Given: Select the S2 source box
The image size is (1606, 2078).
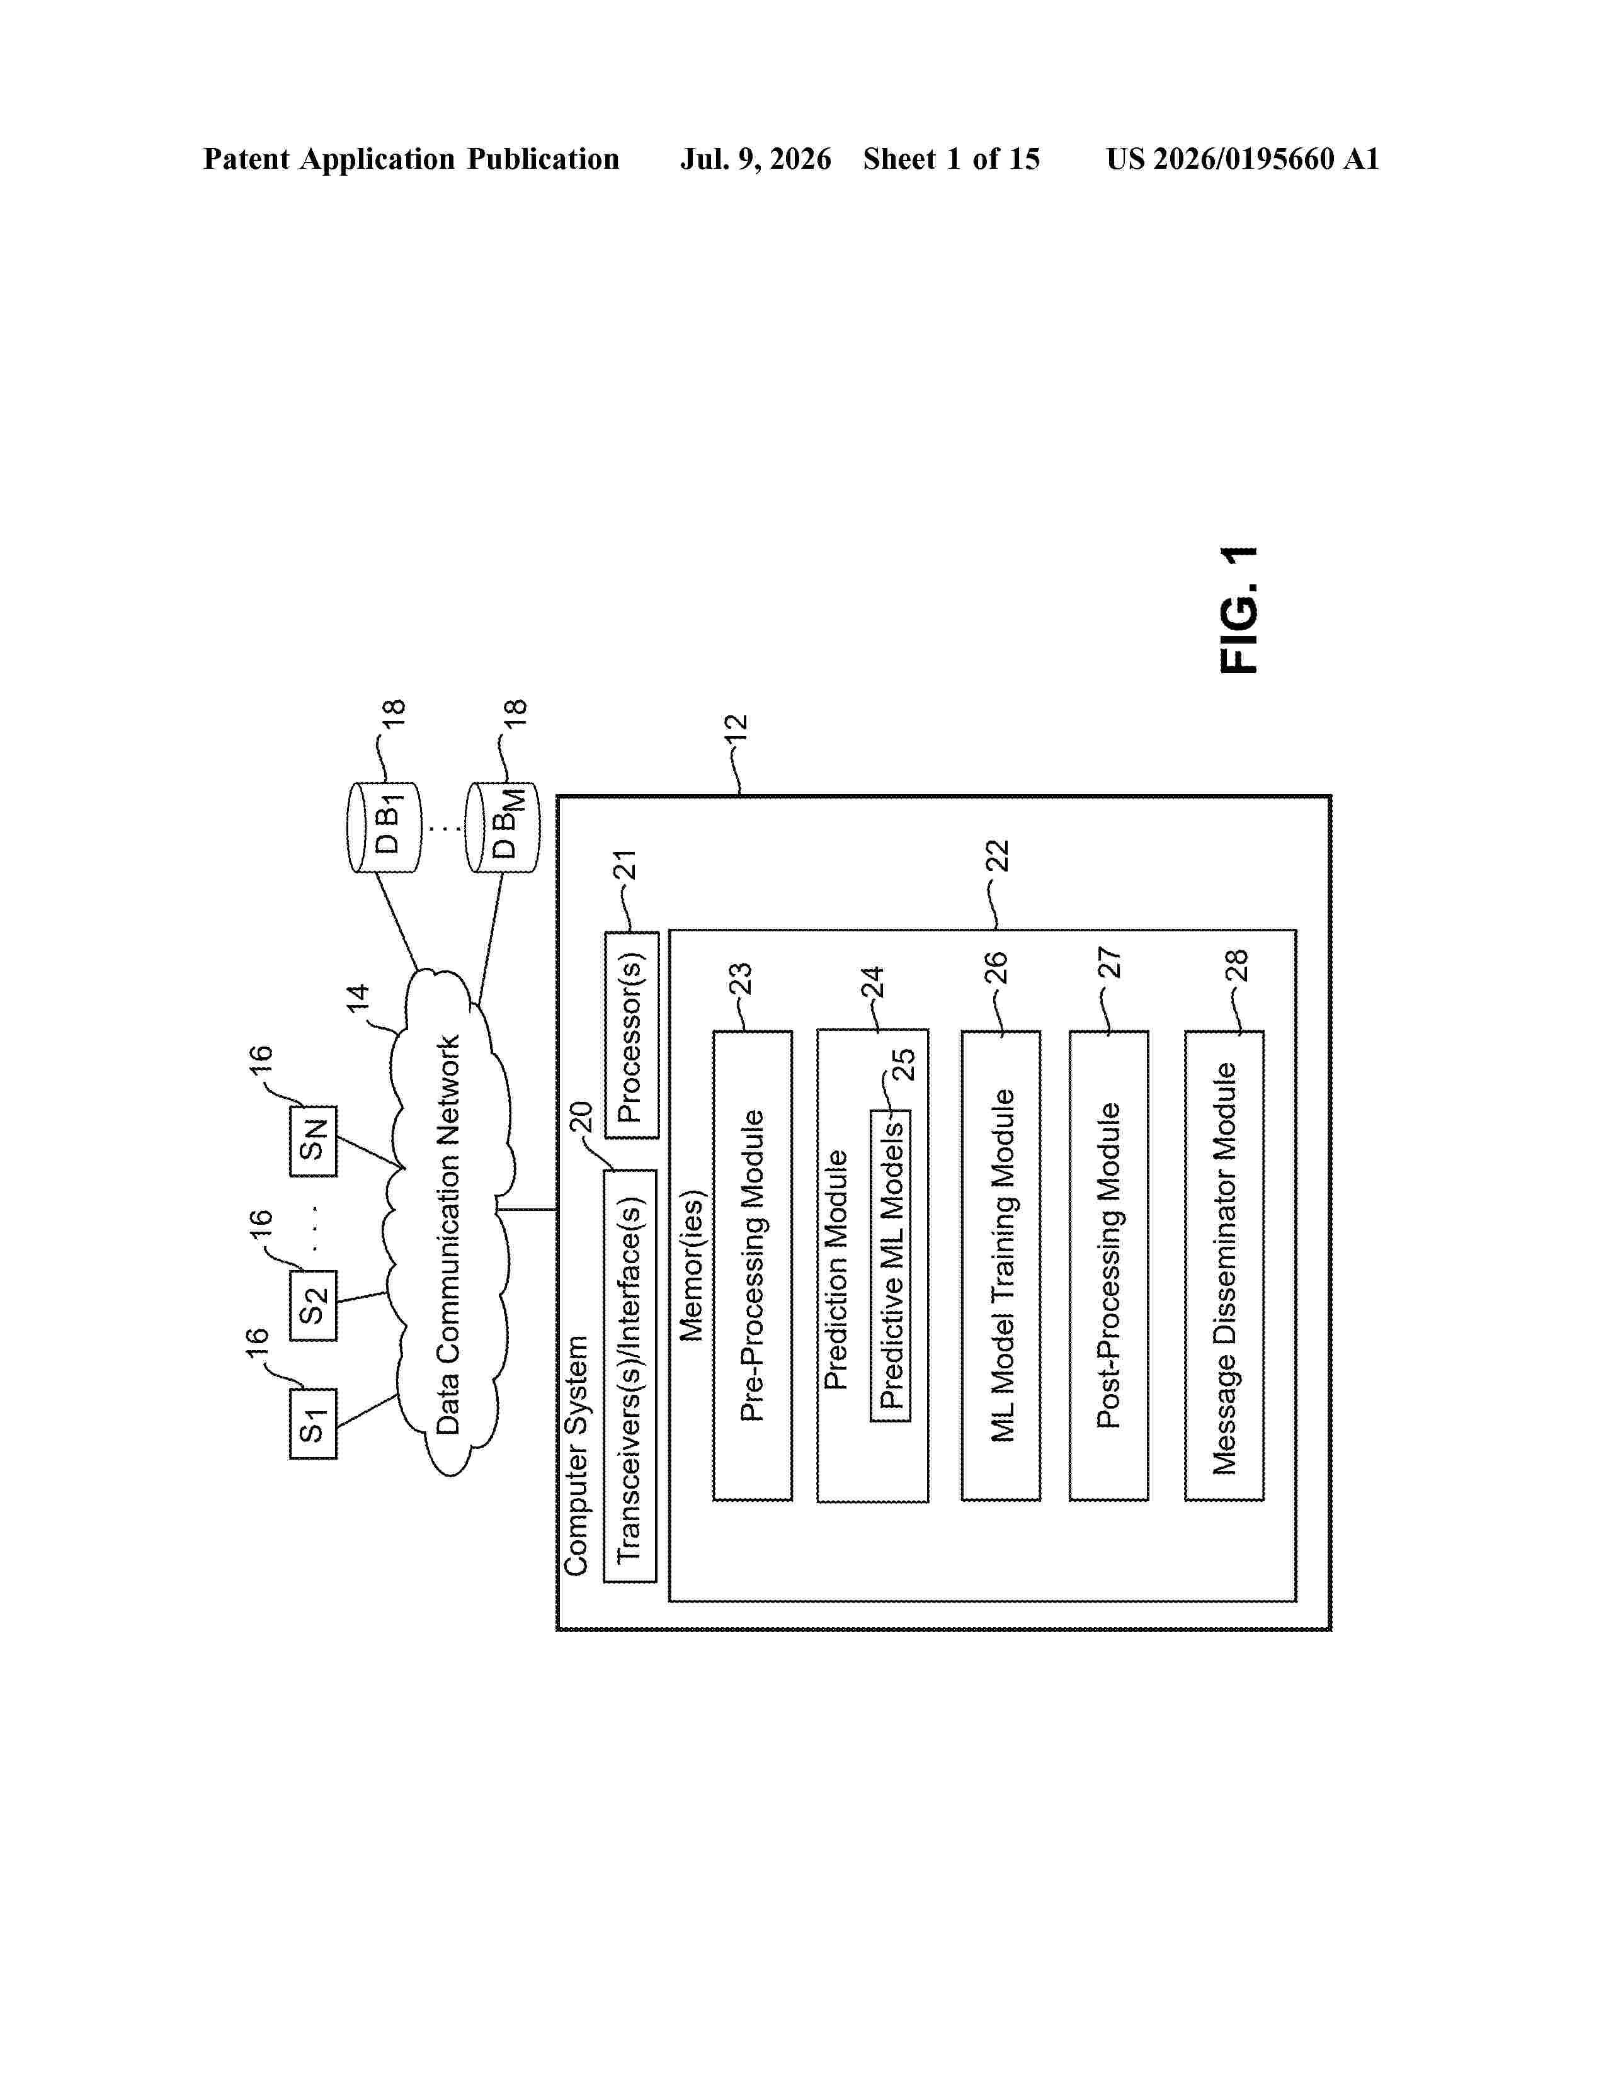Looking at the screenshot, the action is [x=313, y=1305].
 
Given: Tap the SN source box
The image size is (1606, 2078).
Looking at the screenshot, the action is [x=313, y=1142].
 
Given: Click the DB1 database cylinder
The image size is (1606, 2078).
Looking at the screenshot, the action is [x=384, y=827].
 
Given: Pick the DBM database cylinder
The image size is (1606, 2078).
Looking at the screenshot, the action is [x=503, y=827].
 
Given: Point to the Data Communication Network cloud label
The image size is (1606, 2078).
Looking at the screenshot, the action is [x=447, y=1235].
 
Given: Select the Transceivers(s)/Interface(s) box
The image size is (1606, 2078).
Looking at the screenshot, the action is [x=630, y=1376].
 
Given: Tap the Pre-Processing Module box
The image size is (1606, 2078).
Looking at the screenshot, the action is [x=753, y=1266].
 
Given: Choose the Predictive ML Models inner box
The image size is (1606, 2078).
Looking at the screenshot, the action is [x=891, y=1266].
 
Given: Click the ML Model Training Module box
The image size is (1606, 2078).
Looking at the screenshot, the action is [x=1001, y=1266].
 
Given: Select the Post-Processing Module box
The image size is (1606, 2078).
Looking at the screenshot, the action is [x=1109, y=1266].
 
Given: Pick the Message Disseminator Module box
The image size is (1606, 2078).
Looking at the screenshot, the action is [x=1224, y=1266].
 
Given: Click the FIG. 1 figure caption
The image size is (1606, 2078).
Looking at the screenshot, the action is [x=1239, y=610].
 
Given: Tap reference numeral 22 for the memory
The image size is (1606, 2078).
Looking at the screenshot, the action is [x=996, y=855].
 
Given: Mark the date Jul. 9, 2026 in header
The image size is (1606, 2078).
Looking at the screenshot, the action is [x=755, y=159].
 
